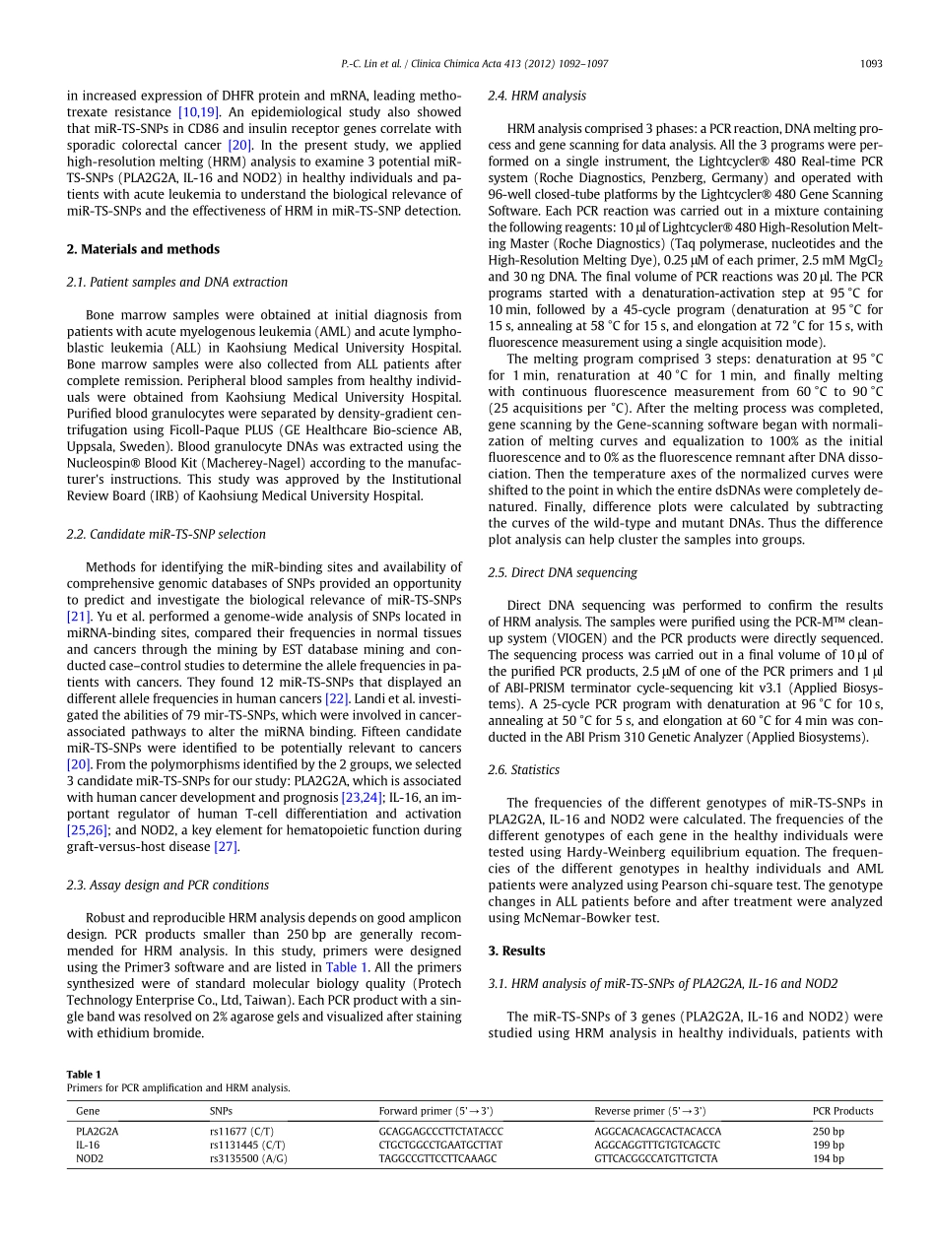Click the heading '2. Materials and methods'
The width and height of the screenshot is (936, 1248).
tap(143, 249)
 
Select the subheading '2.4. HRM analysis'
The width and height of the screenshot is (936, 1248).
tap(537, 96)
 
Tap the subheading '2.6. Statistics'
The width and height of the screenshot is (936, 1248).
tap(523, 769)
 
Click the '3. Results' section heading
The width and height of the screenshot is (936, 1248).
tap(516, 951)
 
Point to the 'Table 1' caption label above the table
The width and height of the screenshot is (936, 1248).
tap(84, 1074)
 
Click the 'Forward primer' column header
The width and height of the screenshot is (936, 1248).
tap(435, 1111)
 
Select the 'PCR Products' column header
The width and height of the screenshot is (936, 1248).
tap(842, 1111)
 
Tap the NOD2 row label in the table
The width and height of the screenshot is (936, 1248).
tap(90, 1159)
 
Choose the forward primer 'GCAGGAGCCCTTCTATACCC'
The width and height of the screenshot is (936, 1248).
tap(440, 1132)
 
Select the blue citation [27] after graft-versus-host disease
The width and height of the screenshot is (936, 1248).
tap(226, 847)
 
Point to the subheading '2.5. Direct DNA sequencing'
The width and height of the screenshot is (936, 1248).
tap(563, 572)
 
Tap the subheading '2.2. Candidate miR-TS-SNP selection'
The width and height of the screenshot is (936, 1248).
tap(166, 534)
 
